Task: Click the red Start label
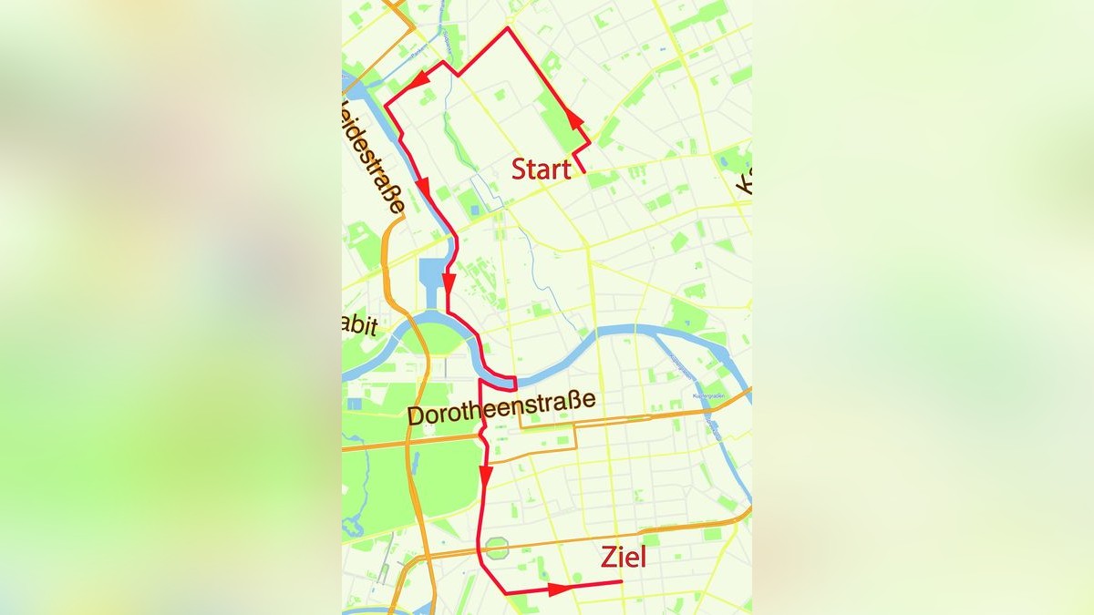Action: [x=541, y=169]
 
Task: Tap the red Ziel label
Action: [x=623, y=557]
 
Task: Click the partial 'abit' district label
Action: [x=359, y=327]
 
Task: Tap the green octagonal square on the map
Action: [x=497, y=548]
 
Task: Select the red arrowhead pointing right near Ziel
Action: [x=559, y=589]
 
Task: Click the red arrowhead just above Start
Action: [x=574, y=118]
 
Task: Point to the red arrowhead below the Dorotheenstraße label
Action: [x=485, y=476]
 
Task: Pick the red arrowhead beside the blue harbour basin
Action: [x=449, y=282]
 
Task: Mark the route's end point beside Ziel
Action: [x=622, y=581]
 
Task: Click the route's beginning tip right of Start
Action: [x=583, y=171]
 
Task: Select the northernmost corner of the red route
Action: [x=508, y=28]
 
